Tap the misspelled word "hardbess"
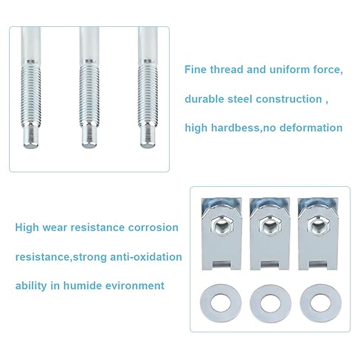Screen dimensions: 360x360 [x=235, y=128]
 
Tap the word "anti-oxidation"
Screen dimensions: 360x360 [x=146, y=257]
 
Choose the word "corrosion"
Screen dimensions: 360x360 [x=153, y=228]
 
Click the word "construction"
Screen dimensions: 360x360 [x=289, y=99]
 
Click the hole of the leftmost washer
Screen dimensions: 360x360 [x=221, y=302]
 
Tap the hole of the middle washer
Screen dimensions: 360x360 [x=270, y=303]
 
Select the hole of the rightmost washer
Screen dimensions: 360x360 [x=321, y=303]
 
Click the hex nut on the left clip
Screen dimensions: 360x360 [x=222, y=225]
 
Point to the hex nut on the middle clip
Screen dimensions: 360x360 [x=270, y=225]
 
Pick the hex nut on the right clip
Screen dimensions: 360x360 [x=319, y=225]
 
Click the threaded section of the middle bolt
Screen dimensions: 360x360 [x=89, y=95]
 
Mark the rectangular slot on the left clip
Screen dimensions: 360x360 [x=222, y=263]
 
